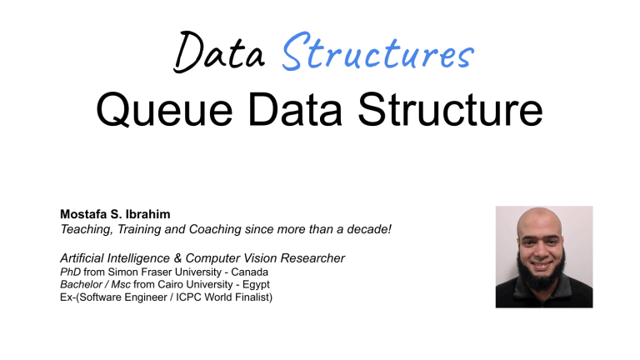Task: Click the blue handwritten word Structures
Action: point(378,56)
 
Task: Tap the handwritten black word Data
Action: point(217,56)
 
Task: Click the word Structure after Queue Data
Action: point(447,112)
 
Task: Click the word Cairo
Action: point(171,285)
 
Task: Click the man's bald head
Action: point(543,223)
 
